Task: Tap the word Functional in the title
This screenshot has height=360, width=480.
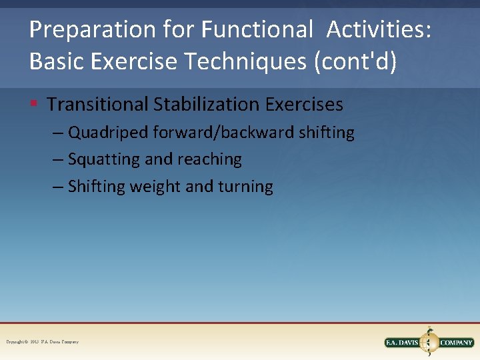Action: pyautogui.click(x=257, y=30)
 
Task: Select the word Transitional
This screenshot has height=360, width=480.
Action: pyautogui.click(x=98, y=105)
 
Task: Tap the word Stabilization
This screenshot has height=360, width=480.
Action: pyautogui.click(x=207, y=105)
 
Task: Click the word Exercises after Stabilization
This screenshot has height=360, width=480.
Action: pyautogui.click(x=305, y=105)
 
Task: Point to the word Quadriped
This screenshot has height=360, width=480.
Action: pyautogui.click(x=108, y=133)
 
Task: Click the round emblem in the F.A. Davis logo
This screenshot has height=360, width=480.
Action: pyautogui.click(x=430, y=343)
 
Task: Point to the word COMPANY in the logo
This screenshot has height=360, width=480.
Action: pyautogui.click(x=457, y=343)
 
